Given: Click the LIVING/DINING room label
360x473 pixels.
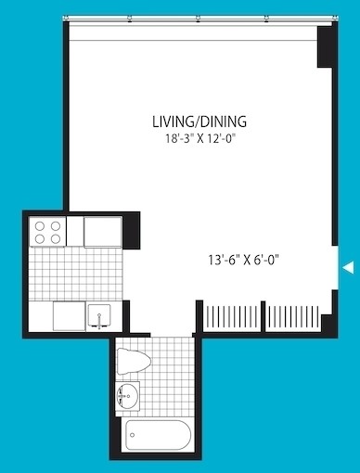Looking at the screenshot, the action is [x=199, y=121].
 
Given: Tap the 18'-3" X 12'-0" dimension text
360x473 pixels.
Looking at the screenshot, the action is [x=200, y=138].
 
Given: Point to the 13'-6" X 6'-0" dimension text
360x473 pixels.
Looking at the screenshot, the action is [x=243, y=260].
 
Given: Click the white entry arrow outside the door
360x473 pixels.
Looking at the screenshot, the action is [x=349, y=267].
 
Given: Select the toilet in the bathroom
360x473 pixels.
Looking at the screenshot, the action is [x=134, y=361].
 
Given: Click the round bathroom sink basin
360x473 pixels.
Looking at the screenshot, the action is [x=127, y=396].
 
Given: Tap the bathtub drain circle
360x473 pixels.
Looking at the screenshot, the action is [x=133, y=435].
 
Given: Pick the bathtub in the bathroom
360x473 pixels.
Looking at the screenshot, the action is [x=158, y=435].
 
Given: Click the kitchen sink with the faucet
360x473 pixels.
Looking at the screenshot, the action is [x=99, y=316].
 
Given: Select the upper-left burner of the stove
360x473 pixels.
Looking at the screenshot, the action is [x=40, y=226].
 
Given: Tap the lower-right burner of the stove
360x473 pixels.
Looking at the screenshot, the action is [x=56, y=238].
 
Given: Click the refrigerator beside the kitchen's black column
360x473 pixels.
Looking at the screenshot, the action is [x=103, y=232].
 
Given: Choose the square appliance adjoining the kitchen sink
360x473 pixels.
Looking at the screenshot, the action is [x=70, y=316].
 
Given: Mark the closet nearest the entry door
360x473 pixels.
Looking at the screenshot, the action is [x=293, y=317].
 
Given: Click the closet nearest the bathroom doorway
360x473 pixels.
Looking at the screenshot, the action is [x=232, y=317].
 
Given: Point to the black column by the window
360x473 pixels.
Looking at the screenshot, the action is [x=325, y=46].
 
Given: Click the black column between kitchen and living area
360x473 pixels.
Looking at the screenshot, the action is [x=132, y=231].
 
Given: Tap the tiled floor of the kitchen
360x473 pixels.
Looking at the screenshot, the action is [x=75, y=274].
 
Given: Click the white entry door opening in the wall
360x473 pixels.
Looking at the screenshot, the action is [x=335, y=268].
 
